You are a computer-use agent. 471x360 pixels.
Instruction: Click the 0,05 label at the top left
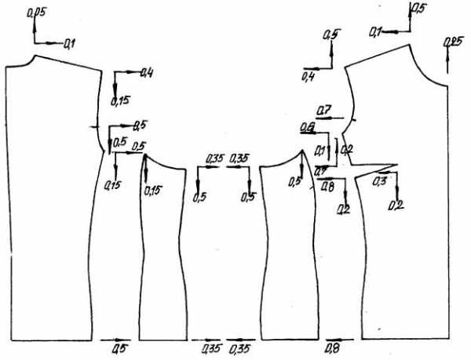click(x=35, y=12)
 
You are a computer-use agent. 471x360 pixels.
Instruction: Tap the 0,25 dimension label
click(x=452, y=42)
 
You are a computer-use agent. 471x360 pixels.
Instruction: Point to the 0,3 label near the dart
click(x=378, y=181)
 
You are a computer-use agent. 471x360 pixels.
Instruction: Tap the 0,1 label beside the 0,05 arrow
click(x=69, y=43)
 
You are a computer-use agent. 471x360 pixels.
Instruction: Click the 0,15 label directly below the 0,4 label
click(x=121, y=100)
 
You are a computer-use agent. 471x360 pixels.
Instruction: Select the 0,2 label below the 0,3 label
click(x=395, y=205)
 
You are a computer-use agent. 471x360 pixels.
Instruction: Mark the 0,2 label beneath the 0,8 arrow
click(x=343, y=209)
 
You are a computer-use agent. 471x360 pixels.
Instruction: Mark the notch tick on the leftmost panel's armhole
click(x=93, y=125)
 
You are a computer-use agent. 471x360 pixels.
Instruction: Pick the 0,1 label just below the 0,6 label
click(x=320, y=150)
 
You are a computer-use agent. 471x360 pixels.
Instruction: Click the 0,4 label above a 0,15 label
click(x=146, y=73)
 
